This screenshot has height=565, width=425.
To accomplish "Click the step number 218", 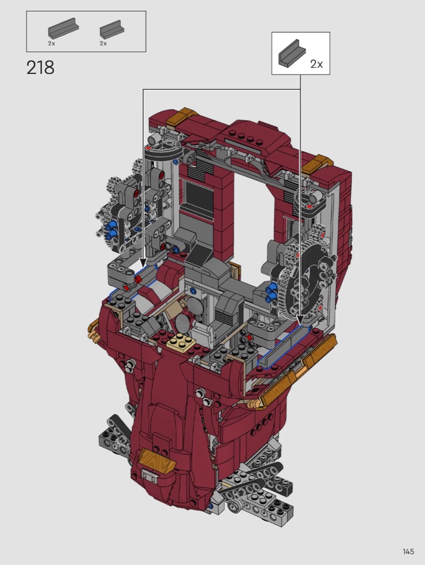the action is [40, 68].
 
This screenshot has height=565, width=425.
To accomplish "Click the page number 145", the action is [408, 552].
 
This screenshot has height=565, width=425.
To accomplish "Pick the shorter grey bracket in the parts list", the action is [110, 29].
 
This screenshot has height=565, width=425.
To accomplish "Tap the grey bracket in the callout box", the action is [292, 53].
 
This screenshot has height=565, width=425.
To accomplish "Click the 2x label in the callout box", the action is [316, 64].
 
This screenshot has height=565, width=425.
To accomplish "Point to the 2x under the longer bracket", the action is [52, 43].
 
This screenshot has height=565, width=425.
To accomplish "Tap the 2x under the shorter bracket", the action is [103, 43].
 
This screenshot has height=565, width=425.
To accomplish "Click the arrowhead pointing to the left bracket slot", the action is [143, 263].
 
